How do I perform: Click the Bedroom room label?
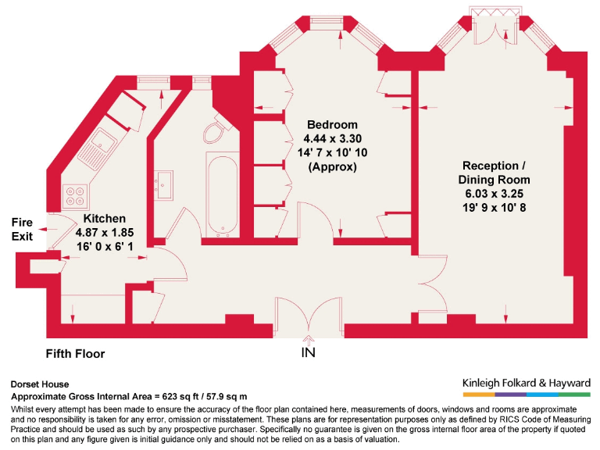point(332,125)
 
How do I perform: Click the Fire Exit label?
point(22,229)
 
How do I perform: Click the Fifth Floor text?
point(75,354)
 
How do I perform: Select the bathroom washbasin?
point(164,185)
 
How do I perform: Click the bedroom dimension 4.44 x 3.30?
point(332,139)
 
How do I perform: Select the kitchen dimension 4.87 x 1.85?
point(105,233)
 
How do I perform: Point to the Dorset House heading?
point(40,384)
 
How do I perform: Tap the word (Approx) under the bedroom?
point(332,166)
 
